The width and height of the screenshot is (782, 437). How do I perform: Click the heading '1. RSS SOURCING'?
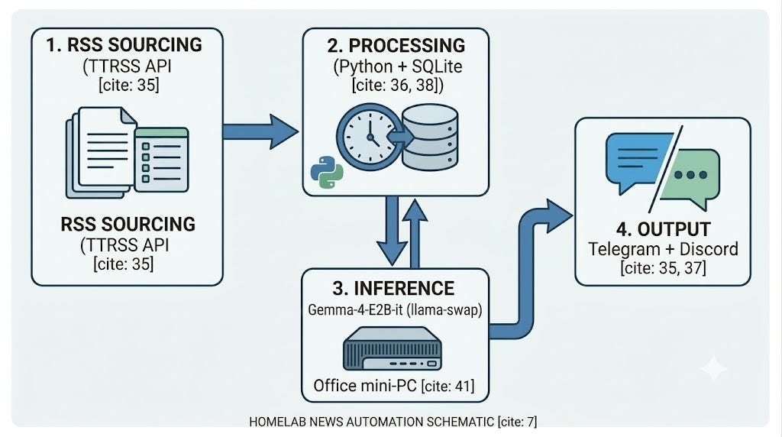click(x=124, y=45)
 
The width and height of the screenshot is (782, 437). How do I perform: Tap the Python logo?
click(x=327, y=172)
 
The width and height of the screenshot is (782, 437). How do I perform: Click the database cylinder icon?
click(x=430, y=138)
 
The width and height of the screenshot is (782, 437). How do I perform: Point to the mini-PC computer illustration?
click(x=393, y=348)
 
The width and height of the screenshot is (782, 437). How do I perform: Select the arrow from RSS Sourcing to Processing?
click(x=260, y=131)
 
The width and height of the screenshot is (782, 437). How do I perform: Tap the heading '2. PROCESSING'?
click(x=396, y=45)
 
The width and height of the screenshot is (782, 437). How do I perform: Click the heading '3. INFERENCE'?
click(x=393, y=288)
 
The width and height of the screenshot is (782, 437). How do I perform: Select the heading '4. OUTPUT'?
click(x=663, y=229)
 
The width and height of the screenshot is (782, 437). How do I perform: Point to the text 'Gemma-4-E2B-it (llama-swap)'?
click(x=395, y=309)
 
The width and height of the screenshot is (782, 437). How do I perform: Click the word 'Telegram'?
click(x=624, y=249)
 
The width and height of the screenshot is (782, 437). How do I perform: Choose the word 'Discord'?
click(x=709, y=248)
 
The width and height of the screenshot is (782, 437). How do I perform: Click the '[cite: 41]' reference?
click(x=448, y=386)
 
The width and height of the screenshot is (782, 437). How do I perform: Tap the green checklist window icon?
click(x=162, y=160)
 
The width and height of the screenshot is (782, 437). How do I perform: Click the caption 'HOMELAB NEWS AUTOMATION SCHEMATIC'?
click(x=372, y=422)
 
